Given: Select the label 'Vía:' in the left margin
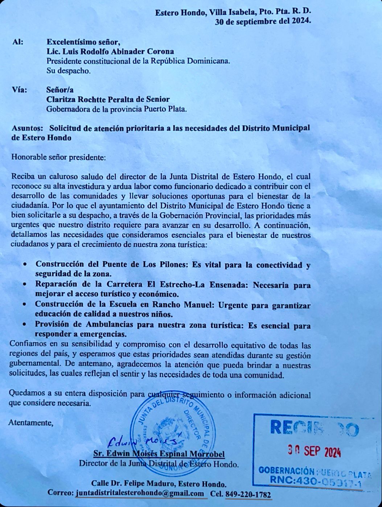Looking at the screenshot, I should pyautogui.click(x=19, y=90).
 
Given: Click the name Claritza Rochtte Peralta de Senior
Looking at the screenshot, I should pyautogui.click(x=108, y=99).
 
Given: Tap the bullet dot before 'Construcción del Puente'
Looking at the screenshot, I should pyautogui.click(x=24, y=265).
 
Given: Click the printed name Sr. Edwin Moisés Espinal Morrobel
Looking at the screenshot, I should pyautogui.click(x=159, y=454).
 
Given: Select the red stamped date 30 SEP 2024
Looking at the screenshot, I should pyautogui.click(x=314, y=451).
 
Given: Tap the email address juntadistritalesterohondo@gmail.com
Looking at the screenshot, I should pyautogui.click(x=140, y=493).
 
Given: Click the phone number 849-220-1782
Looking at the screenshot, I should pyautogui.click(x=248, y=494).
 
